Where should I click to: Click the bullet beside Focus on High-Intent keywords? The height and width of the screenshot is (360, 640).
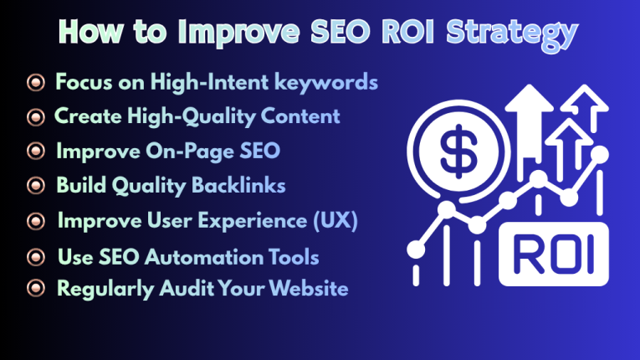(x=35, y=83)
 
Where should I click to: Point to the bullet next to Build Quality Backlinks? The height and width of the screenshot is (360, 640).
(x=35, y=186)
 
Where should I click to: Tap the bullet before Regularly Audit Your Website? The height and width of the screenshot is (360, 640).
(x=35, y=289)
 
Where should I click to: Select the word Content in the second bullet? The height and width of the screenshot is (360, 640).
(x=296, y=116)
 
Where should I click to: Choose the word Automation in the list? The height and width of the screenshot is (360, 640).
(x=197, y=256)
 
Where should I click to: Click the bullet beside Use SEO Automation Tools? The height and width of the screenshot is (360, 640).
(x=35, y=256)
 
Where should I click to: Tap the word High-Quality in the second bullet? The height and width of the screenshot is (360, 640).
(x=177, y=116)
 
